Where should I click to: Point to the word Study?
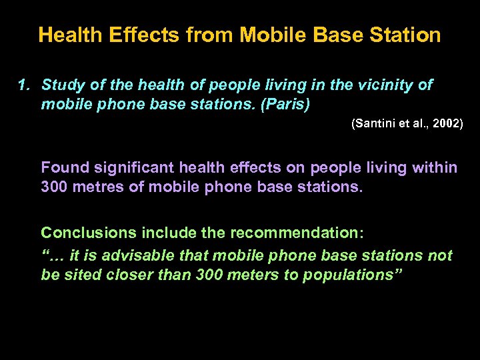coord(61,85)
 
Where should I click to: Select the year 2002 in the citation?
coord(447,124)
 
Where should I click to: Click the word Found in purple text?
coord(63,167)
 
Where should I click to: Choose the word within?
coord(435,167)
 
